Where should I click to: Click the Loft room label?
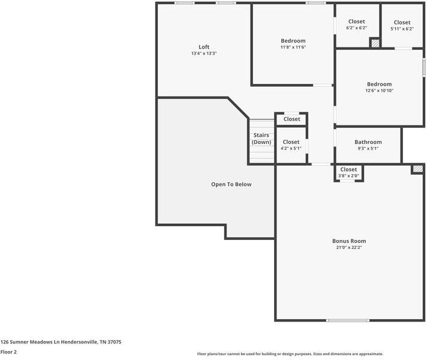pos(204,47)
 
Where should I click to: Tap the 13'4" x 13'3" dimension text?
pos(204,53)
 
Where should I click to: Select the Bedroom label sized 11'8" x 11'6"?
pos(293,41)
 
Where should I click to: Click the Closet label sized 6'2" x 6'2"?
pos(356,22)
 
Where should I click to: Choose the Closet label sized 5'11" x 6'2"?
pos(402,23)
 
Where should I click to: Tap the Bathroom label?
pos(368,142)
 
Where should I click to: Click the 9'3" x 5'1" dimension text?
pos(368,149)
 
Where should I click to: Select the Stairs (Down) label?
pos(261,139)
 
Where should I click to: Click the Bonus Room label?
pos(349,241)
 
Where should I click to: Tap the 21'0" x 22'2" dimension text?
pos(349,247)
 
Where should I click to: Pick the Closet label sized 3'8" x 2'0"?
pos(348,170)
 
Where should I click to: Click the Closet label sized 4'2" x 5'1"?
pos(291,142)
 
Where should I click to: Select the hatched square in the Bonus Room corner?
pos(417,170)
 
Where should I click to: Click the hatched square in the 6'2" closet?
pos(375,43)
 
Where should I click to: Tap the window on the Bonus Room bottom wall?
pos(348,320)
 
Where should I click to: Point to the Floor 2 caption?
pos(8,352)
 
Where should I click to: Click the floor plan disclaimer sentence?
pos(290,354)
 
